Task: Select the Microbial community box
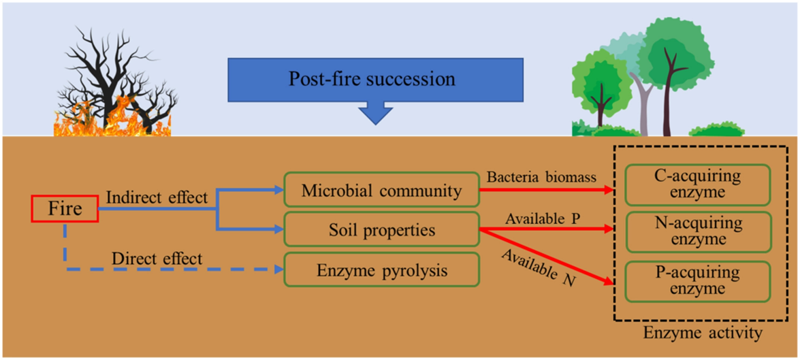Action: coord(381,191)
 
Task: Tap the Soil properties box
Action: coord(381,230)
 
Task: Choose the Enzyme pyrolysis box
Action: coord(381,269)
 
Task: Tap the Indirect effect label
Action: coord(157,197)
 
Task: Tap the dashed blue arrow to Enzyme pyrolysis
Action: coord(170,269)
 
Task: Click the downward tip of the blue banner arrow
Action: coord(372,120)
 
